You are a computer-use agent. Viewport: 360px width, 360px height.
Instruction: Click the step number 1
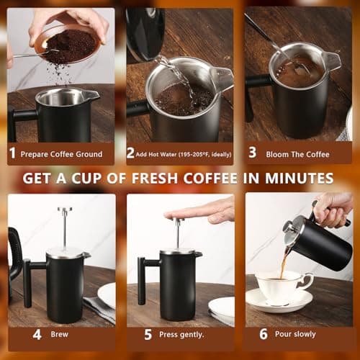pos(12,153)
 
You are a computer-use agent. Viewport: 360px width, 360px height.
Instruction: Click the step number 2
pos(130,153)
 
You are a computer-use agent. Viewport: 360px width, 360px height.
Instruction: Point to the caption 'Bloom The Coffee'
pos(300,153)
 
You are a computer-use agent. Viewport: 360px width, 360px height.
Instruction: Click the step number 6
pos(264,334)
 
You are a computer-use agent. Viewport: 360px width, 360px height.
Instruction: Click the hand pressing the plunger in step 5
pos(202,210)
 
